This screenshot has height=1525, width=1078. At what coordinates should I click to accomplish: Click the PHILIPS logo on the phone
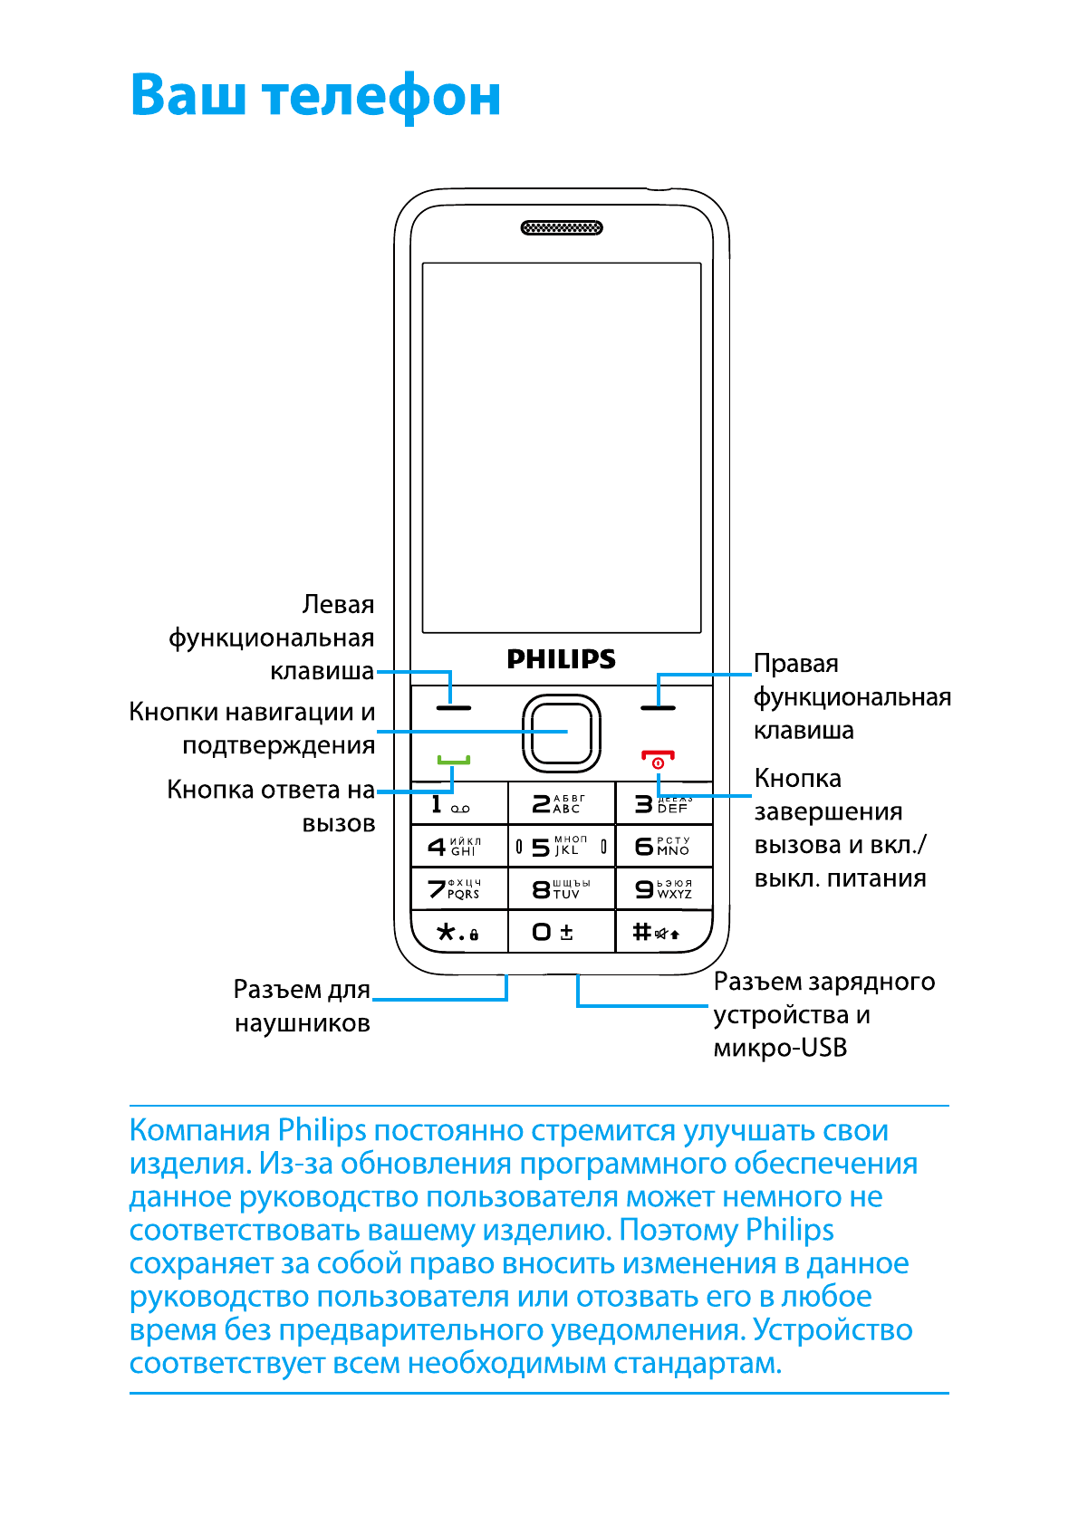pos(561,659)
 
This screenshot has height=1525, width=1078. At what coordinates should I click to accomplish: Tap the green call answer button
pos(454,759)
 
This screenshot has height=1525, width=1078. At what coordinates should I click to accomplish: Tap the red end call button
pos(658,759)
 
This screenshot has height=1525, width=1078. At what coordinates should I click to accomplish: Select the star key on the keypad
pos(457,932)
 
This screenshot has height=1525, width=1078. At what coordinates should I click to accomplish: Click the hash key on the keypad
pos(656,932)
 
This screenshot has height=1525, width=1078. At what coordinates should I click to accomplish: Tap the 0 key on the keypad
pos(553,932)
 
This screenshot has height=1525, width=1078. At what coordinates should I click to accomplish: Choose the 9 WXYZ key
pos(663,888)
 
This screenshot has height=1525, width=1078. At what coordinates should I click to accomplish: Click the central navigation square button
pos(562,733)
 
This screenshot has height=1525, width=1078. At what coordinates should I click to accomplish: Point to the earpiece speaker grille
pos(562,227)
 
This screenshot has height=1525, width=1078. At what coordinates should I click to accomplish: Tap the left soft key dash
pos(454,706)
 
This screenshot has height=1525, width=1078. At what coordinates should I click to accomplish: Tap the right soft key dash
pos(658,706)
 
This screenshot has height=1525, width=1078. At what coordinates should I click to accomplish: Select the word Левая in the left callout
pos(338,605)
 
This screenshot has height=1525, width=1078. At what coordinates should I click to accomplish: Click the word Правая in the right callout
pos(796,664)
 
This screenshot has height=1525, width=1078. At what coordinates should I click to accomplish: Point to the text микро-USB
pos(780,1049)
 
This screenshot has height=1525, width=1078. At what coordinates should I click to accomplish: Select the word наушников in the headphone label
pos(303,1024)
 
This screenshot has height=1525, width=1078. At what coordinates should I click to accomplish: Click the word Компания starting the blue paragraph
pos(199,1131)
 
